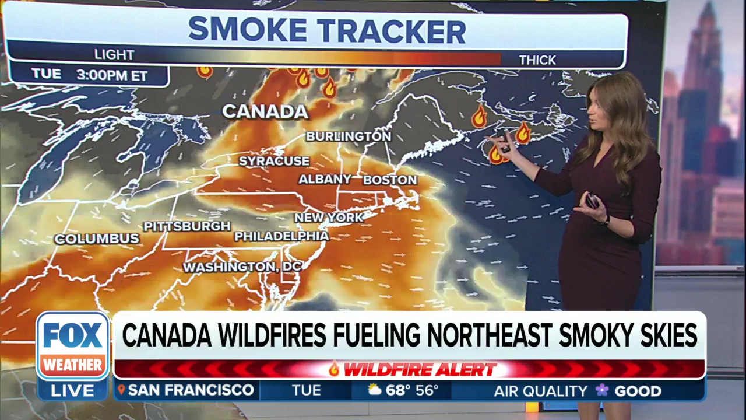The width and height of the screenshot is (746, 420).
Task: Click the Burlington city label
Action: tap(349, 136)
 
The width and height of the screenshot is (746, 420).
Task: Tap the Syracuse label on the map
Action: tap(274, 160)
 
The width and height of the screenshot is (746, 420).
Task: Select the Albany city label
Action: tap(325, 180)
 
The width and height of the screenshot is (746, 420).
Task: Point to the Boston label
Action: tap(390, 180)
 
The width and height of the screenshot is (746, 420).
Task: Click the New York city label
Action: tap(329, 218)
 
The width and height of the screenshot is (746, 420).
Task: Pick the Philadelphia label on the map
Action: tap(281, 236)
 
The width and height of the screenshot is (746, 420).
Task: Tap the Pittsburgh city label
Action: tap(187, 226)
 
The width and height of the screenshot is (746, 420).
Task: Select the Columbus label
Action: tap(97, 239)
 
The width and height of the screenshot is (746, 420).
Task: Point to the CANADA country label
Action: tap(265, 111)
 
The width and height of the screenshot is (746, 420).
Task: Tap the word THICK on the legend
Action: tap(537, 60)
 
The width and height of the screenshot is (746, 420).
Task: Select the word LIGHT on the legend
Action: tap(114, 55)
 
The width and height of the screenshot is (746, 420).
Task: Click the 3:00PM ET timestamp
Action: tap(111, 75)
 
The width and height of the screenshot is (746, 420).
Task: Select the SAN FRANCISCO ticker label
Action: tap(191, 390)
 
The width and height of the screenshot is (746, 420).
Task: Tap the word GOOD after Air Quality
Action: tap(638, 391)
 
